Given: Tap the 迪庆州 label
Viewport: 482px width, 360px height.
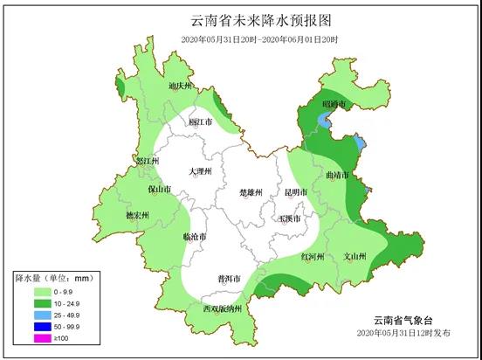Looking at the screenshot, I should (179, 87).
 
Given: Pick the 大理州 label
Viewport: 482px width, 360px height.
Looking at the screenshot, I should (200, 172).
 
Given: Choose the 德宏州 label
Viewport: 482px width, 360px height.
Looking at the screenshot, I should (138, 214).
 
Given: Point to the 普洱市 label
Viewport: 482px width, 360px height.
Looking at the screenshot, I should (230, 279).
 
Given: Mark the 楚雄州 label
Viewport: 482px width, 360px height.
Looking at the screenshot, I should (251, 191).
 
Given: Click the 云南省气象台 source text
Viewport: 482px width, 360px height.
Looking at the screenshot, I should (397, 321).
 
